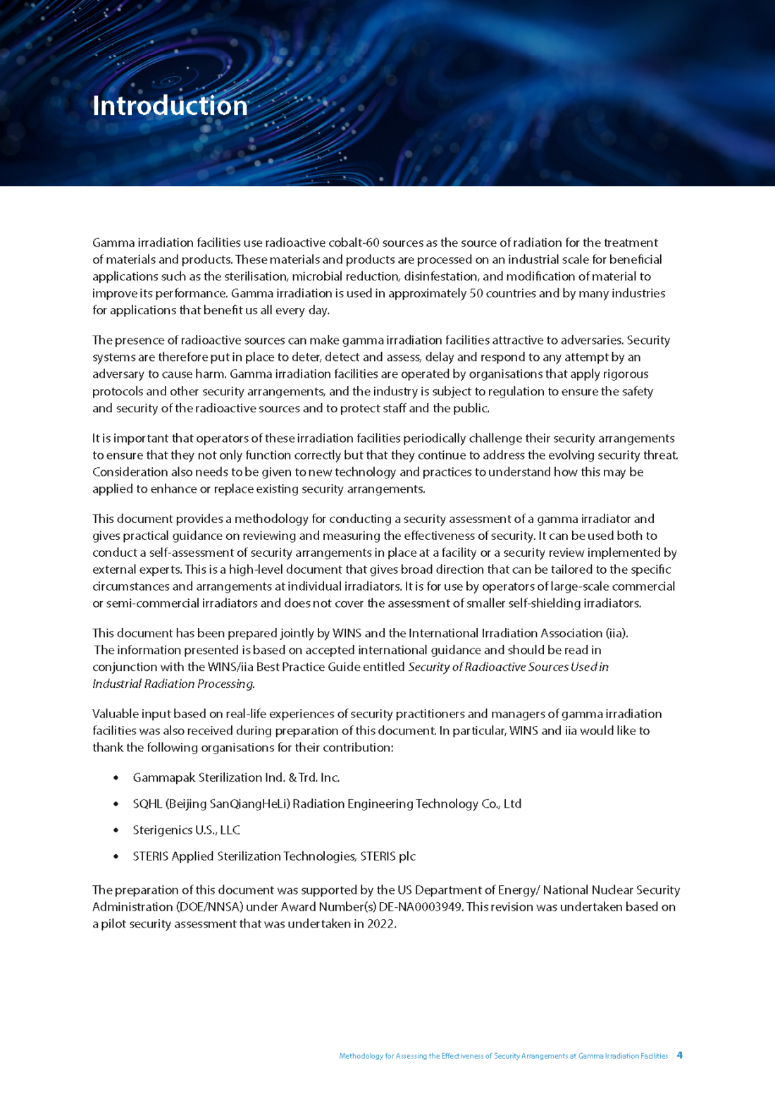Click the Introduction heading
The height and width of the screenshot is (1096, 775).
click(x=170, y=106)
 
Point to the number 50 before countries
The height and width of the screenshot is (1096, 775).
click(x=476, y=293)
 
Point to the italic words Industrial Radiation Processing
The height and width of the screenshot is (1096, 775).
click(x=173, y=684)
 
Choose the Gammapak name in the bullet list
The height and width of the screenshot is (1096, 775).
click(x=163, y=777)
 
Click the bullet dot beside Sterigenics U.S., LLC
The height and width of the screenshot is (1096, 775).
click(x=116, y=830)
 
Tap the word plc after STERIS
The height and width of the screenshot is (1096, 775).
click(x=407, y=856)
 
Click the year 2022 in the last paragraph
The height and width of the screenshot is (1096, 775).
click(x=380, y=924)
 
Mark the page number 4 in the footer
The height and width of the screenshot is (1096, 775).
click(x=680, y=1055)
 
